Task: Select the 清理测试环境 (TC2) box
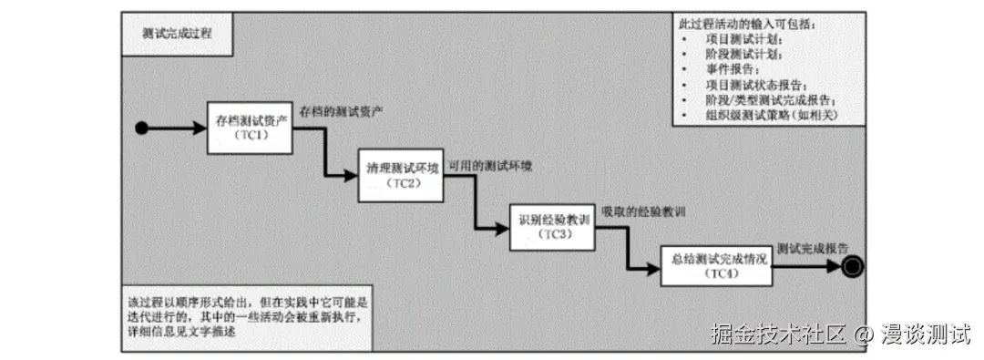click(x=402, y=174)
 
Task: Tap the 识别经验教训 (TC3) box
click(x=553, y=226)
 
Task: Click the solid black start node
click(x=141, y=128)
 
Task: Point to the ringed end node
click(x=852, y=266)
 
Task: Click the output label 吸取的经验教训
click(x=643, y=211)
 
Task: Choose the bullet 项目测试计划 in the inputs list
click(x=743, y=38)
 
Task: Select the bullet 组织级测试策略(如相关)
click(x=771, y=116)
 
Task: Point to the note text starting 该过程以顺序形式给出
click(x=245, y=316)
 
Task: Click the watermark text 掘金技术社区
click(x=779, y=334)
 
